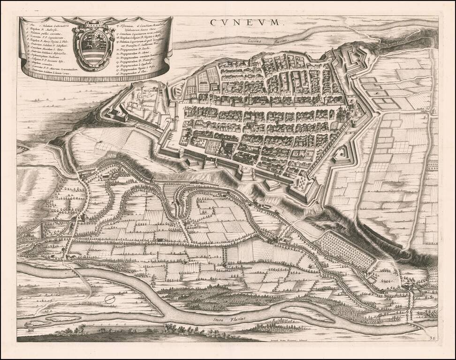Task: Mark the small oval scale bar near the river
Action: (111, 298)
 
